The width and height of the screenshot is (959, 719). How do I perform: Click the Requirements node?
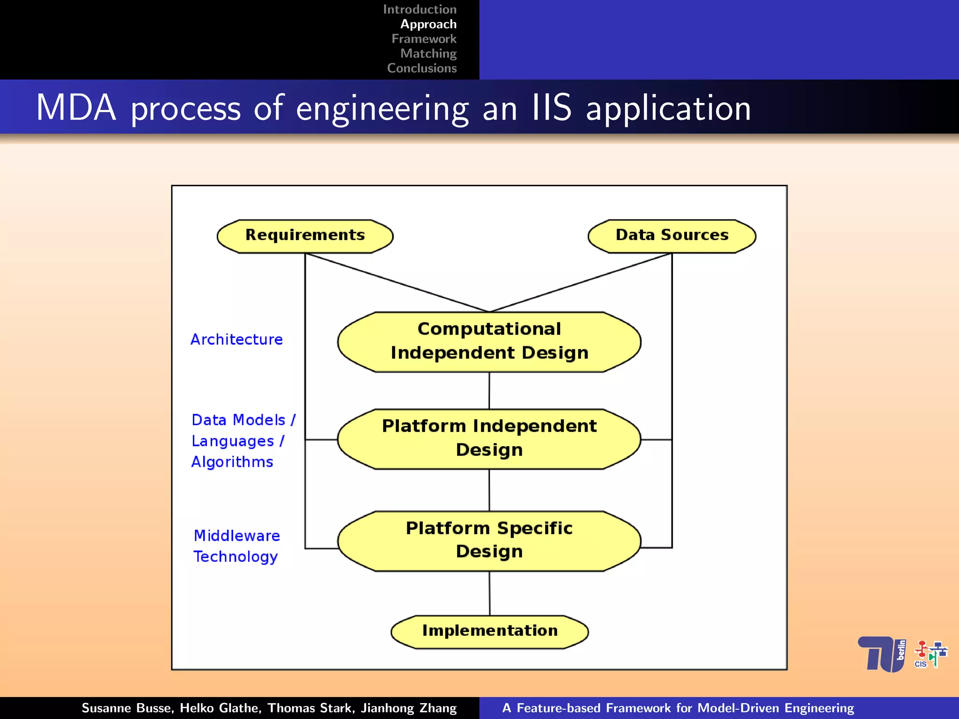pyautogui.click(x=305, y=236)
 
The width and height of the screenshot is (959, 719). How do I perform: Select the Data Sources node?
pyautogui.click(x=671, y=236)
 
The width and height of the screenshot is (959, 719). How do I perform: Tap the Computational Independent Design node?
pyautogui.click(x=489, y=342)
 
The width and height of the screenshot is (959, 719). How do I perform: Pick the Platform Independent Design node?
pyautogui.click(x=489, y=439)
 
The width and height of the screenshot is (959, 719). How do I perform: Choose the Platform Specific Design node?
pyautogui.click(x=489, y=541)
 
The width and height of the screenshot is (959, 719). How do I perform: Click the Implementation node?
pyautogui.click(x=489, y=631)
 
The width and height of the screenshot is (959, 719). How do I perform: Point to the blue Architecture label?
pyautogui.click(x=236, y=339)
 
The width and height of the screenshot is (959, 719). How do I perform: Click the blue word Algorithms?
pyautogui.click(x=232, y=462)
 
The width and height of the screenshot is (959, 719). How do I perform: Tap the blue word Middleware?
pyautogui.click(x=237, y=536)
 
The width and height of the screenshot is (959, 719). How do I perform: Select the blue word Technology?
pyautogui.click(x=236, y=557)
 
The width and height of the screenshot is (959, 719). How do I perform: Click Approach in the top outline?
pyautogui.click(x=428, y=24)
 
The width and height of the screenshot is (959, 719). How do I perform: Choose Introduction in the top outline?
pyautogui.click(x=420, y=9)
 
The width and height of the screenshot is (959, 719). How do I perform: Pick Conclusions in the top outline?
pyautogui.click(x=421, y=68)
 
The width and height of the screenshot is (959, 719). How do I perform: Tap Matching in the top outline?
pyautogui.click(x=428, y=54)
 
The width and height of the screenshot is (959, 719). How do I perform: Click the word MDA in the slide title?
pyautogui.click(x=76, y=108)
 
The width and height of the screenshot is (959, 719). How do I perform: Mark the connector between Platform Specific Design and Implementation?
pyautogui.click(x=489, y=593)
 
